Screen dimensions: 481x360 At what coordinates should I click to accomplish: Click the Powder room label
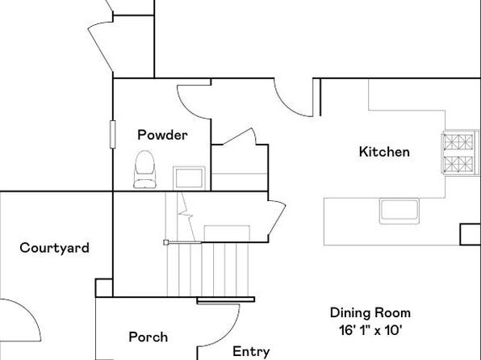coord(162,135)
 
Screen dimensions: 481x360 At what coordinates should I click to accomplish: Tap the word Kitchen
coord(384,152)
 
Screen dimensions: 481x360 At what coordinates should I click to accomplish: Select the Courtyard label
coord(54,248)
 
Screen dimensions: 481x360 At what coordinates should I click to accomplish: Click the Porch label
coord(148,337)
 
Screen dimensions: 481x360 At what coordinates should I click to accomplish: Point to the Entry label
coord(251,352)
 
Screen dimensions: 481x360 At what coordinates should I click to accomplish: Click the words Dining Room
coord(370,312)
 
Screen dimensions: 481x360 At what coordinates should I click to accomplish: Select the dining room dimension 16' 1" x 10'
coord(370,330)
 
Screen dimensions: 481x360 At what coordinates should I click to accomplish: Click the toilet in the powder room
coord(144,170)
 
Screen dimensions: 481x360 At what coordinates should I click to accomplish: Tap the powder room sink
coord(189,178)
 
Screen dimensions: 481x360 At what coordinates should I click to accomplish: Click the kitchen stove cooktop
coord(460,153)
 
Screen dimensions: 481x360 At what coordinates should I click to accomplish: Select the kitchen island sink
coord(399,211)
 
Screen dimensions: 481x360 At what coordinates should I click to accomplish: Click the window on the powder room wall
coord(112,135)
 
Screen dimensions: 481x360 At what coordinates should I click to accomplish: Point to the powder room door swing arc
coord(190,105)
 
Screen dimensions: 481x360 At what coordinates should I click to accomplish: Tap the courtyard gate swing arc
coord(29,313)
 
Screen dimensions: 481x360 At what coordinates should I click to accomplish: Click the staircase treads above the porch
coord(207,270)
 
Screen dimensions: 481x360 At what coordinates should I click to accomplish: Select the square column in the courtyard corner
coord(104,288)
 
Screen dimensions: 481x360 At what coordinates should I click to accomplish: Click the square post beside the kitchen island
coord(470,234)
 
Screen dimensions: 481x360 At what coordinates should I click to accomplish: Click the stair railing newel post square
coord(166,242)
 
